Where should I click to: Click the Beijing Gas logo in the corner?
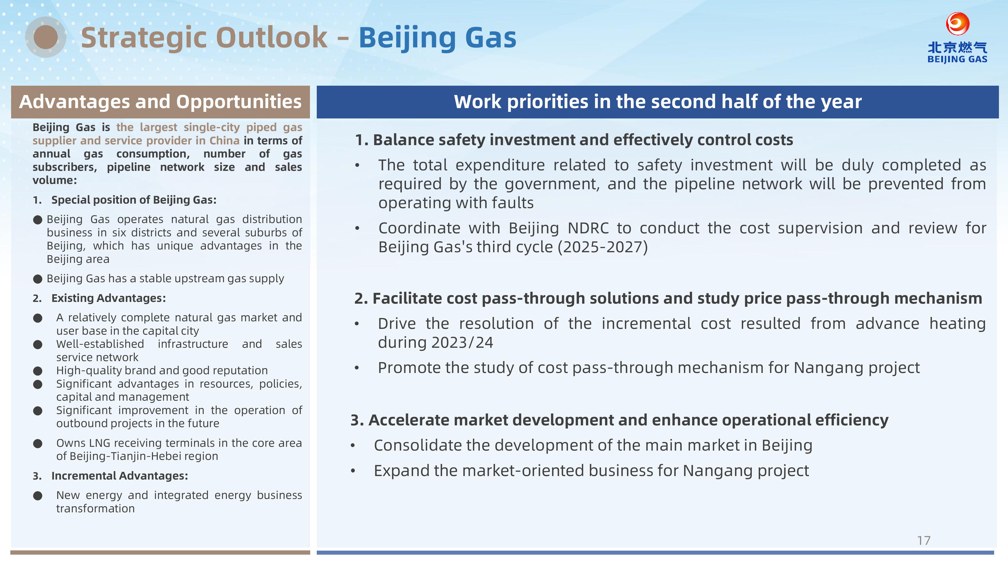click(x=957, y=38)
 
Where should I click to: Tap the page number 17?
click(x=924, y=540)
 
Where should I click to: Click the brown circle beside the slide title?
click(x=46, y=37)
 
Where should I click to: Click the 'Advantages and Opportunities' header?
click(x=161, y=102)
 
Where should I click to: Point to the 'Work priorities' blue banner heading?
click(x=658, y=102)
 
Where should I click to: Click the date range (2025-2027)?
click(x=603, y=247)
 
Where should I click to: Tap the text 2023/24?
click(x=462, y=342)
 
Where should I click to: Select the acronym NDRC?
click(x=588, y=228)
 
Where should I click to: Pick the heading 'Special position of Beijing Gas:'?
click(x=134, y=200)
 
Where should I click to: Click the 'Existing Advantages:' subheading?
click(x=108, y=298)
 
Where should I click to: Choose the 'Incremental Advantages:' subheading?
click(x=120, y=476)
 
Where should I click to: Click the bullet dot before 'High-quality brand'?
click(x=38, y=370)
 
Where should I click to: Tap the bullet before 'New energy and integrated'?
click(x=38, y=496)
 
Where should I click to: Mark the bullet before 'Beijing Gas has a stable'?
click(x=38, y=279)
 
